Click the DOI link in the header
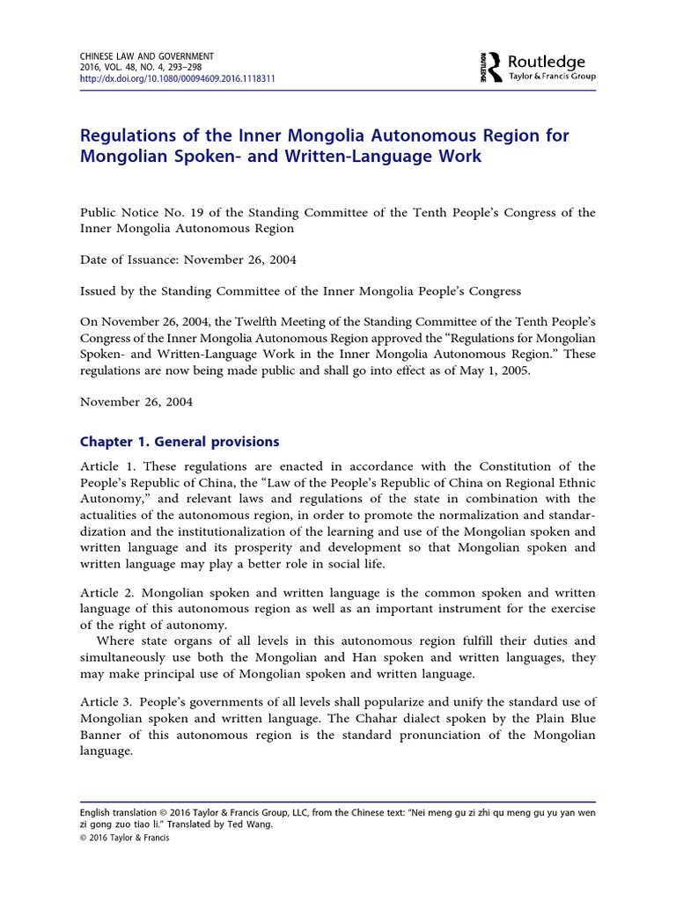click(x=178, y=77)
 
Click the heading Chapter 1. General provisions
click(x=180, y=442)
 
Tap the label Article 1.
click(x=107, y=466)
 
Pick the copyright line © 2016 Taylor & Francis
click(x=124, y=838)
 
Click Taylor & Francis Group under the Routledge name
click(x=553, y=77)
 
